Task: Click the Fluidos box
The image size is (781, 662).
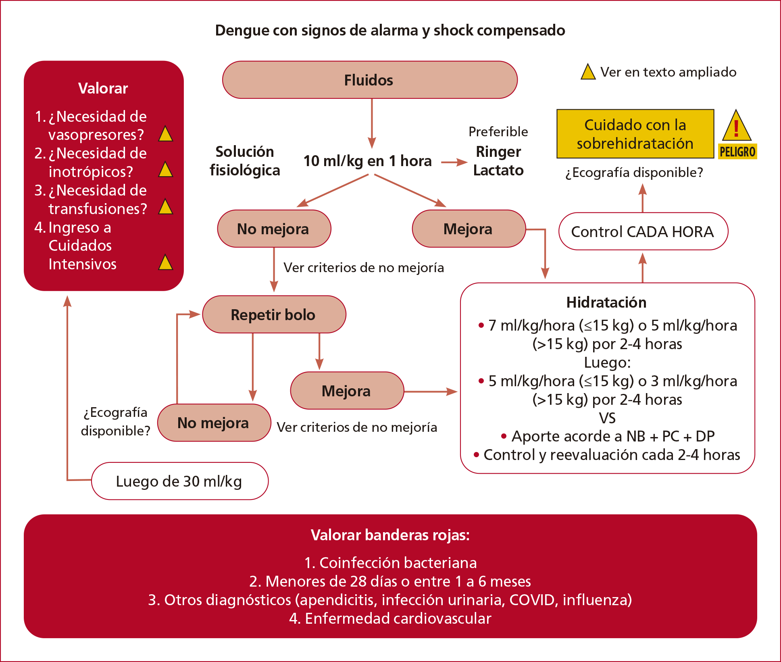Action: click(x=369, y=80)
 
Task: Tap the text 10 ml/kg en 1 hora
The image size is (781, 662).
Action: click(x=367, y=161)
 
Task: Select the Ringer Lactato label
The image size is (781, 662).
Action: click(x=498, y=161)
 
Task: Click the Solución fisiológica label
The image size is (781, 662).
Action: click(x=245, y=161)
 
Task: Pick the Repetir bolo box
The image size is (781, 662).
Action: click(x=274, y=314)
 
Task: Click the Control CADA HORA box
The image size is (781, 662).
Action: click(x=643, y=231)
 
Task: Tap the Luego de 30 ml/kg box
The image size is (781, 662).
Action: click(x=179, y=481)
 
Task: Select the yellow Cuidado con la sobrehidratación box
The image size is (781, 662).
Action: click(x=635, y=134)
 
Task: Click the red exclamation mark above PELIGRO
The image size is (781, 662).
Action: click(x=736, y=128)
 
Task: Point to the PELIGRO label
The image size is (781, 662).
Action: click(x=737, y=152)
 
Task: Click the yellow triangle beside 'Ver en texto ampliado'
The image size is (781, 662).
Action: click(x=588, y=72)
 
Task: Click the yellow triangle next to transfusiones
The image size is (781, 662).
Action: click(x=165, y=207)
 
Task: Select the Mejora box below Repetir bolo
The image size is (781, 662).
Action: click(x=347, y=391)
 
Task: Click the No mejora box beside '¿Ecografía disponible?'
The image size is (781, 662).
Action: click(x=214, y=423)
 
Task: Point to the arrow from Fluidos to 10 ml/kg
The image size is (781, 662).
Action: click(x=372, y=123)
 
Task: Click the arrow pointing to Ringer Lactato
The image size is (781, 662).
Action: click(x=454, y=162)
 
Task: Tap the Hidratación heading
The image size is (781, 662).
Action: click(x=606, y=302)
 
